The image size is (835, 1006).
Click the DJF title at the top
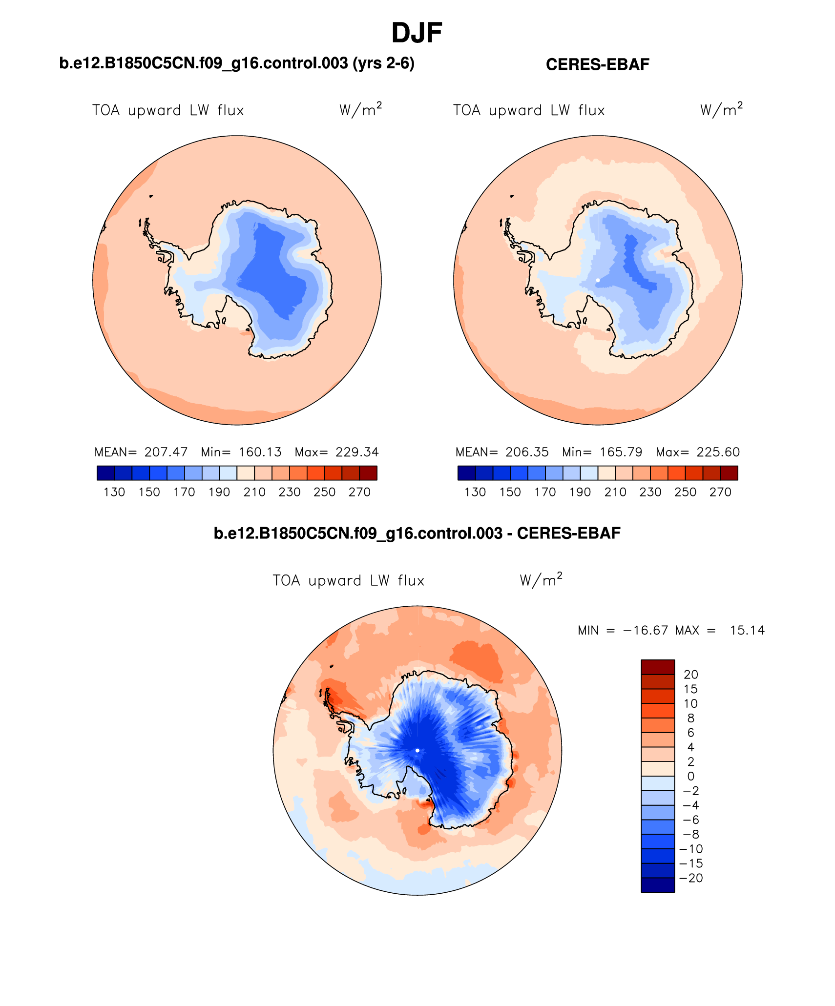[417, 33]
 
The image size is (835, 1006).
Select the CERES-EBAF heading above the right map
[597, 64]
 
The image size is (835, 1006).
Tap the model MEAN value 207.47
[166, 452]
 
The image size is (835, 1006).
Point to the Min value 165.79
[621, 452]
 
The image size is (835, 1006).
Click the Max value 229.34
[357, 452]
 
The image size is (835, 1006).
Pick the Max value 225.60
[718, 452]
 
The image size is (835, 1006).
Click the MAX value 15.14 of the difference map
[747, 630]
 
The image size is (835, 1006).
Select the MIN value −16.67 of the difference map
[645, 630]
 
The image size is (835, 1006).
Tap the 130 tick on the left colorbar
[114, 492]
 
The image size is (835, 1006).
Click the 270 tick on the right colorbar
[720, 492]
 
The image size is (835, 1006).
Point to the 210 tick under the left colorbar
[254, 492]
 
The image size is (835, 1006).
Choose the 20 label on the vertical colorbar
[691, 675]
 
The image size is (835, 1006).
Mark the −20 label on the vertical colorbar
[691, 878]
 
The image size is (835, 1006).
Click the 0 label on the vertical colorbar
[691, 776]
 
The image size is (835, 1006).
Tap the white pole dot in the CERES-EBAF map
[598, 280]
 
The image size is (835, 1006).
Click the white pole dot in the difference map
[417, 750]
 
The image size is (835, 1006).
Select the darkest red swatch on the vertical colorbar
[658, 667]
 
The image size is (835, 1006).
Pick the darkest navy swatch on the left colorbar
[105, 473]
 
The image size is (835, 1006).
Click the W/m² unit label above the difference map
[541, 580]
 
